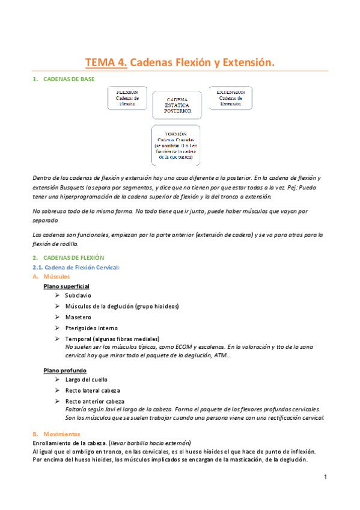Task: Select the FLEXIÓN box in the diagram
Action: pos(127,98)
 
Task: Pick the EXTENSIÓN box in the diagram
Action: pos(231,98)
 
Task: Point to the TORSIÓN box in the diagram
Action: pos(176,145)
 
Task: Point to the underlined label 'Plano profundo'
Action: pos(65,370)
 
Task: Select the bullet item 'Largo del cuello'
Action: pos(87,380)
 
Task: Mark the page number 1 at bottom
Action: pos(325,478)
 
